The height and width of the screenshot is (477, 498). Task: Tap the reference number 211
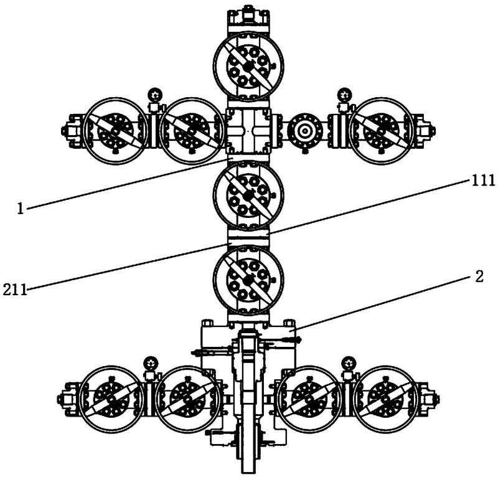14,290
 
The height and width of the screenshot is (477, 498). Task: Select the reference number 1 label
21,209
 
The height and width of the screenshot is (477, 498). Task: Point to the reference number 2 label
479,276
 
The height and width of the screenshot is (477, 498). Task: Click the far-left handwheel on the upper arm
116,131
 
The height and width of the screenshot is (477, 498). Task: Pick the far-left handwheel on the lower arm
111,399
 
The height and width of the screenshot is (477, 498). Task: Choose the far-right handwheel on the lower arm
385,399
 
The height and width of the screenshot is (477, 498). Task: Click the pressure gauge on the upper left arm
154,95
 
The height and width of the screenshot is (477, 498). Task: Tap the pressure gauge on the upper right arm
344,95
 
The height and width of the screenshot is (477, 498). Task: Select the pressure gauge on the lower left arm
151,363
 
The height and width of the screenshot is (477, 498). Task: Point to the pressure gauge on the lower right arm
349,363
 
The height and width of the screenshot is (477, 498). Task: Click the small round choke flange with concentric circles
305,131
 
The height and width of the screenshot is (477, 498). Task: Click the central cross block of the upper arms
248,131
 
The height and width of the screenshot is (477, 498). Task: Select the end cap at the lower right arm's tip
429,399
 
